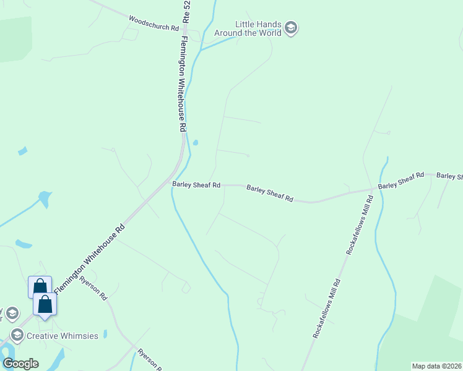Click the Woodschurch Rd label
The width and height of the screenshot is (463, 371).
tap(154, 23)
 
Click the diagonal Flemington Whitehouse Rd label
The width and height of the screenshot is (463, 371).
tap(90, 259)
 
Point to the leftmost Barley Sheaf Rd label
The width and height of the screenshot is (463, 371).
tap(196, 185)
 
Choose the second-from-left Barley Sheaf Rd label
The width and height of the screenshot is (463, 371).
tap(270, 194)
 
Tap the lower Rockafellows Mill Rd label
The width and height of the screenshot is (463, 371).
tap(327, 308)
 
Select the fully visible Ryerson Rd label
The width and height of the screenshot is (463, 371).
tap(93, 288)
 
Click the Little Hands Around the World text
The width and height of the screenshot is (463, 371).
tap(248, 28)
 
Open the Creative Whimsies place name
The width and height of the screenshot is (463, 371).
tap(63, 335)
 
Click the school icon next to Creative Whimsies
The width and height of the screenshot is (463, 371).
tap(17, 335)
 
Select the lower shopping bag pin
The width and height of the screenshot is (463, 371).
tap(45, 304)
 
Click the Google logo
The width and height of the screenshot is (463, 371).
tap(20, 363)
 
